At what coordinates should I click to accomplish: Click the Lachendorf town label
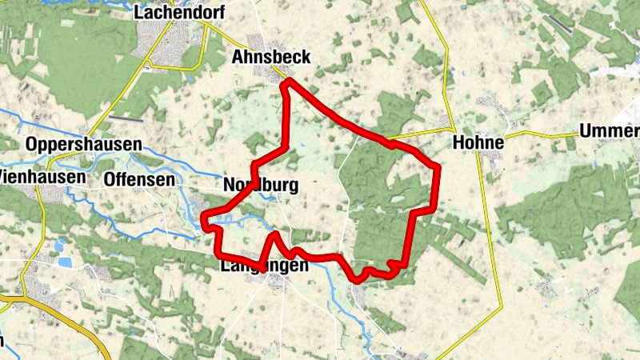coord(179,12)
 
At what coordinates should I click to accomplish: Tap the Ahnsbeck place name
coord(270,56)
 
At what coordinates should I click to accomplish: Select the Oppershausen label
coord(83,145)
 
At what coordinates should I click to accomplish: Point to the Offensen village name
coord(139,180)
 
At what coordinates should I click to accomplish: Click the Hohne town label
coord(478,143)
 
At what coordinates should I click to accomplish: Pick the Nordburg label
coord(261,186)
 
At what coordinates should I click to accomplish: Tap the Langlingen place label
coord(262,267)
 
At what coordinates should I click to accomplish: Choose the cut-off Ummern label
coord(609,132)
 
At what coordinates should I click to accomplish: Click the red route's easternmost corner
coord(438,167)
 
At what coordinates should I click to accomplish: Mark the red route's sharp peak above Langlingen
coord(274,234)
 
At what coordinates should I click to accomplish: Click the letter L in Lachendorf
coord(140,12)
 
